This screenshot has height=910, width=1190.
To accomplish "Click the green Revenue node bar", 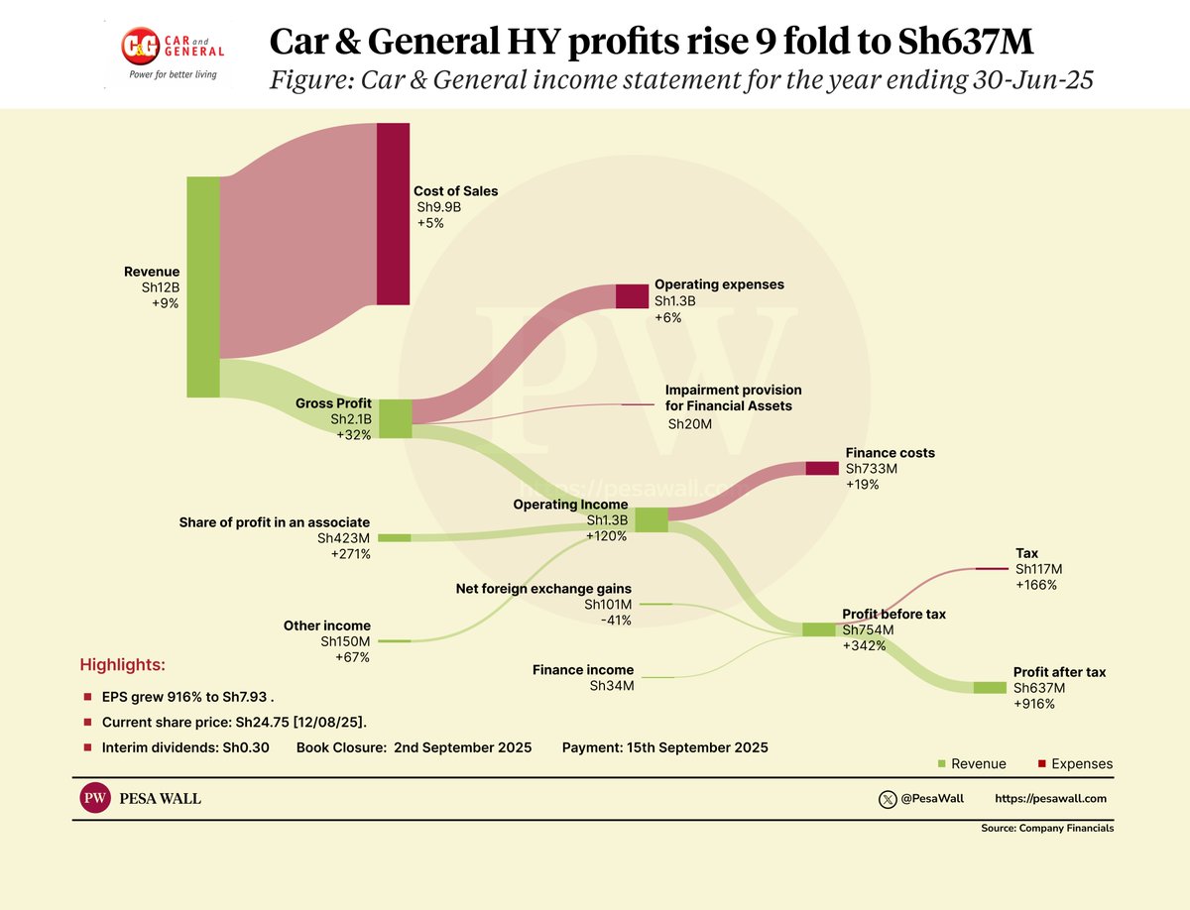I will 203,286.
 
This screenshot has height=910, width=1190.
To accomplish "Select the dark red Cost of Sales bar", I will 393,213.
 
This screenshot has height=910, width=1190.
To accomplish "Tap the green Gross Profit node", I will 395,418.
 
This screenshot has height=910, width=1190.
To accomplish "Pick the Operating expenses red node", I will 631,295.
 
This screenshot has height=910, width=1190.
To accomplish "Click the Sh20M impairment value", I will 690,424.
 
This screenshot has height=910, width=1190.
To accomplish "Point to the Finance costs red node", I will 822,468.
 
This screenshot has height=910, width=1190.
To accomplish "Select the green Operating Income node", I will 652,519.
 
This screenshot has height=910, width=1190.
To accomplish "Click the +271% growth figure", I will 350,554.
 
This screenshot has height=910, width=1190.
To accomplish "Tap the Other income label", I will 326,626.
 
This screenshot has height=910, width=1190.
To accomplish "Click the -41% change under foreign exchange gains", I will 615,621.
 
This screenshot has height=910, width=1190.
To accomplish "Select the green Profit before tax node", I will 819,629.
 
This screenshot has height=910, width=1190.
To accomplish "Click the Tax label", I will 1027,553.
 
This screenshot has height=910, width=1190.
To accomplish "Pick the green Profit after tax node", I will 990,687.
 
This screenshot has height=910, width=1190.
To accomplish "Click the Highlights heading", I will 123,664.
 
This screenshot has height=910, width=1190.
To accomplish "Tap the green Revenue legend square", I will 941,763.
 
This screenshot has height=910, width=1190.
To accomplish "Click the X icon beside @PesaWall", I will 888,799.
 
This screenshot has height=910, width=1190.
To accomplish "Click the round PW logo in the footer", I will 95,799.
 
